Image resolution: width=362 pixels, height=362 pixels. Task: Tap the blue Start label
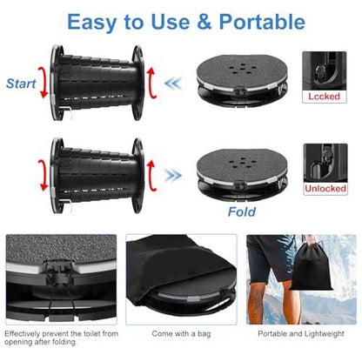pos(21,84)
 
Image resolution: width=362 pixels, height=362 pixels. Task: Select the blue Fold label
pos(241,211)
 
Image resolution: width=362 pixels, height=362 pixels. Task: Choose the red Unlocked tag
pos(325,187)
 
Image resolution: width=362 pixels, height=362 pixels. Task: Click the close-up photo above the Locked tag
pos(325,70)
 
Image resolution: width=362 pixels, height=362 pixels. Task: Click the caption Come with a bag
pos(180,333)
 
